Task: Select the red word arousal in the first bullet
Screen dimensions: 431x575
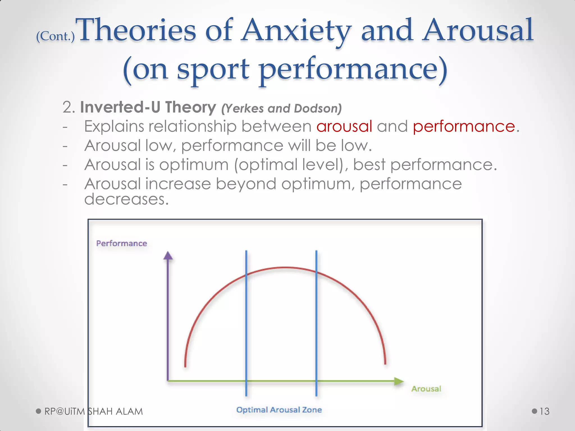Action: [344, 126]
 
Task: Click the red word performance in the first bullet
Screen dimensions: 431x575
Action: [464, 126]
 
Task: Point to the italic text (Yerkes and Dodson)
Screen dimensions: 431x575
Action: [281, 108]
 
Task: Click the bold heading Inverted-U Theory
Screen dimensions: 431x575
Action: [148, 107]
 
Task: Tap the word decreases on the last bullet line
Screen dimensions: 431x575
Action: [126, 199]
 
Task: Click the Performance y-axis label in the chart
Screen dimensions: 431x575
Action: [122, 243]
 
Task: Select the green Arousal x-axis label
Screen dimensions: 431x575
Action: [426, 389]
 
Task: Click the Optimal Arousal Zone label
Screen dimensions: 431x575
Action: [279, 410]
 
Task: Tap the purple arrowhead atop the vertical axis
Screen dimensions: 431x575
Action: [168, 256]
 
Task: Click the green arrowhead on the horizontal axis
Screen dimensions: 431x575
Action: [398, 381]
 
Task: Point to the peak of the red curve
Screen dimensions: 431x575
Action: [285, 268]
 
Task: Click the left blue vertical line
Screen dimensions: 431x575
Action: [246, 323]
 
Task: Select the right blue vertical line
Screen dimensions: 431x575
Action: [316, 323]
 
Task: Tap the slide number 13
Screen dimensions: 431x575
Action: [544, 411]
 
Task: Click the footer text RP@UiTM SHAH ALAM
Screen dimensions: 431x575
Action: [93, 411]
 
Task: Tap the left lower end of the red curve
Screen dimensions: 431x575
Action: [185, 365]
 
